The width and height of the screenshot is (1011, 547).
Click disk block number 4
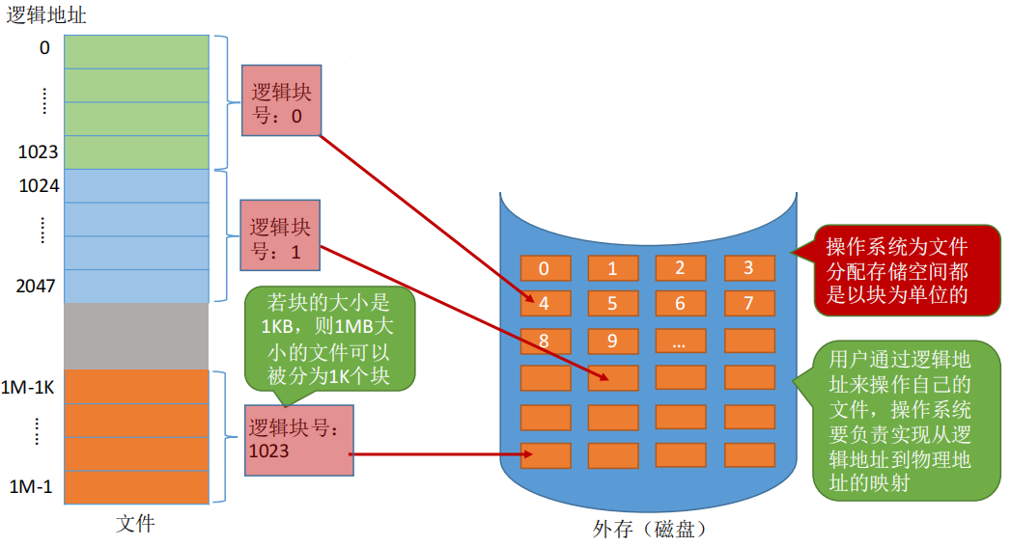(x=545, y=304)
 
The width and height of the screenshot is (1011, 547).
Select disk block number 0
(x=545, y=269)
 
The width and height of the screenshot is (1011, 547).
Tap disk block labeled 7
(x=748, y=304)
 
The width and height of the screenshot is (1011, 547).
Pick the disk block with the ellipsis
(x=681, y=341)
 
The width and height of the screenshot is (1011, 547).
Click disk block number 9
(x=612, y=341)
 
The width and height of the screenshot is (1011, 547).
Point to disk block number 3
(x=748, y=269)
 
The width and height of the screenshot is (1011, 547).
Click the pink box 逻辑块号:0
(x=281, y=100)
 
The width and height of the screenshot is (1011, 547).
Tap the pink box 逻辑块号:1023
(x=298, y=439)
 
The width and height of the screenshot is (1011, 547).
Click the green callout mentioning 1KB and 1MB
(x=329, y=338)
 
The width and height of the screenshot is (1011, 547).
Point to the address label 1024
(x=40, y=186)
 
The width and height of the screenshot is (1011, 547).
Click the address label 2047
(x=38, y=287)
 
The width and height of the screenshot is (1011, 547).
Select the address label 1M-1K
(x=31, y=387)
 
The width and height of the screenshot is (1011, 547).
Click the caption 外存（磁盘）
(x=650, y=530)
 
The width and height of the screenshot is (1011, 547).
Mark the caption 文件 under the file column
(x=135, y=524)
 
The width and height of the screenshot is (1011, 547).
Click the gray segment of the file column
(x=136, y=336)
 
